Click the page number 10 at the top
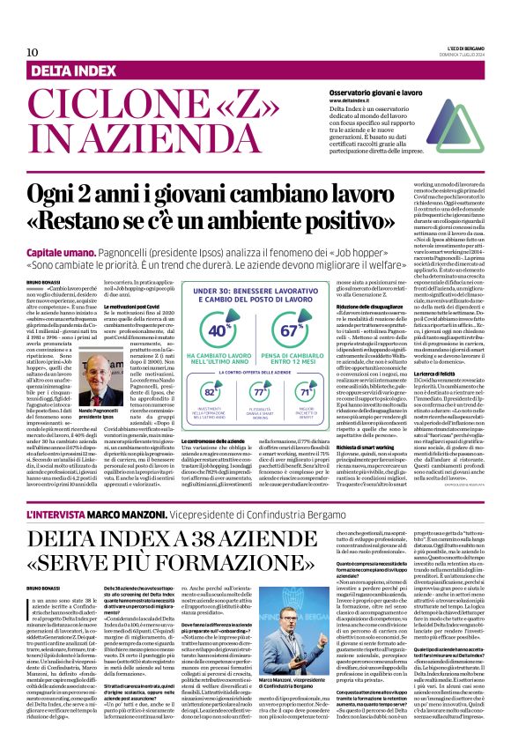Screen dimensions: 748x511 click(33, 52)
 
